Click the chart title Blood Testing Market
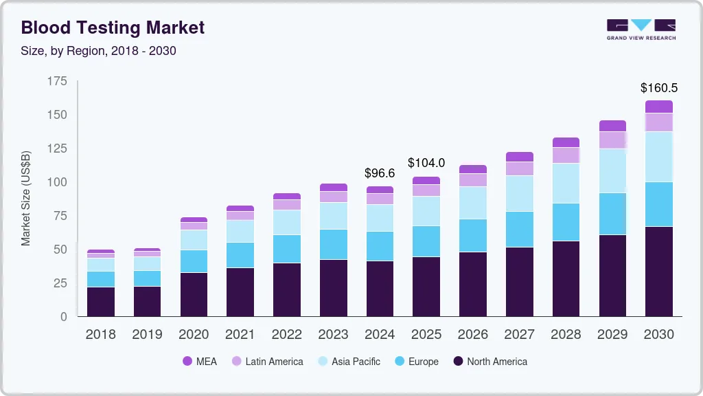point(113,27)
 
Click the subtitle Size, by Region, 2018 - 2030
point(99,51)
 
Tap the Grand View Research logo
point(641,30)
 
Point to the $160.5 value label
point(658,88)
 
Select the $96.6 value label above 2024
point(380,173)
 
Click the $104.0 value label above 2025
point(426,163)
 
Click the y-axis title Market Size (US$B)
point(26,199)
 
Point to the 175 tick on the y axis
point(58,81)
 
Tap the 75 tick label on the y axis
point(60,216)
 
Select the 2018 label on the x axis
point(100,335)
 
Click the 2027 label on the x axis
point(519,335)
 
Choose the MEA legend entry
point(200,361)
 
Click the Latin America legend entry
point(267,361)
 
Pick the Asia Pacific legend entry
point(348,361)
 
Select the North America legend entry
point(490,361)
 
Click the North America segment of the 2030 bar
point(658,272)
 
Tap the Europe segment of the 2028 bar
point(566,222)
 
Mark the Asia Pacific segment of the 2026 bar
point(472,203)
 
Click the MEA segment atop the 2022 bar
point(286,197)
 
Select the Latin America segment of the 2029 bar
point(612,140)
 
